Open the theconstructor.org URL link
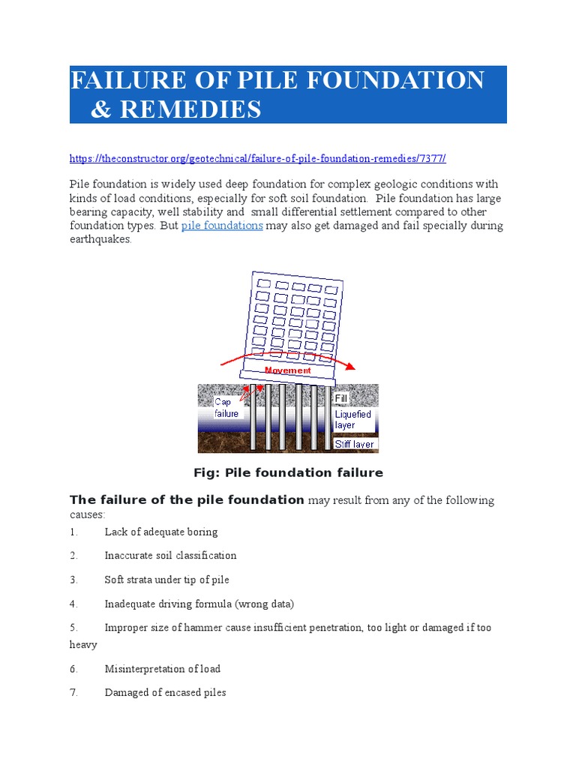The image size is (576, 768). pyautogui.click(x=258, y=158)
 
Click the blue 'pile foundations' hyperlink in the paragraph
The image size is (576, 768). pyautogui.click(x=222, y=226)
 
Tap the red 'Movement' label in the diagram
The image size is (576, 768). pyautogui.click(x=288, y=370)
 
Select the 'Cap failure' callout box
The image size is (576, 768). pyautogui.click(x=226, y=407)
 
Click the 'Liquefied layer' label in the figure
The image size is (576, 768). pyautogui.click(x=352, y=419)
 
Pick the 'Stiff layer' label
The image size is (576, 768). pyautogui.click(x=354, y=444)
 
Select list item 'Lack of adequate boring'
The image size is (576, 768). pyautogui.click(x=161, y=532)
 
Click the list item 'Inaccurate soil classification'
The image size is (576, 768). pyautogui.click(x=170, y=556)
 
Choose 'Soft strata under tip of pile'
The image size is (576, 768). pyautogui.click(x=166, y=580)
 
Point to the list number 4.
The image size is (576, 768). pyautogui.click(x=73, y=604)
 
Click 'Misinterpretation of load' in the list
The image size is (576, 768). pyautogui.click(x=162, y=669)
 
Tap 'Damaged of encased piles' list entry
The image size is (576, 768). pyautogui.click(x=165, y=693)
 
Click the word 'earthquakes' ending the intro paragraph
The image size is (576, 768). pyautogui.click(x=100, y=240)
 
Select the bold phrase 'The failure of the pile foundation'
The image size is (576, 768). pyautogui.click(x=187, y=500)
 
